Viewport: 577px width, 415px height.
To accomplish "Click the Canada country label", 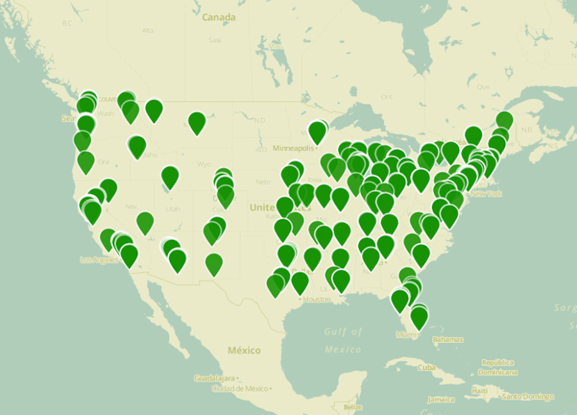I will tap(219, 17).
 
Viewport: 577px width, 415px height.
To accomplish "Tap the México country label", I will tap(244, 350).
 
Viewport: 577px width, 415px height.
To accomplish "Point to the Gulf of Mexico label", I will tap(344, 340).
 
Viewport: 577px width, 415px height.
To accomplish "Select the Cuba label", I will tap(426, 368).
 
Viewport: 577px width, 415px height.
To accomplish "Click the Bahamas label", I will tap(447, 339).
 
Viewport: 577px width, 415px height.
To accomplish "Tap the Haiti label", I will tap(480, 391).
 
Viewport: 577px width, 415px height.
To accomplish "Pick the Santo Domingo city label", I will tap(528, 397).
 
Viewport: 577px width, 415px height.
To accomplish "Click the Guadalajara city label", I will tap(216, 378).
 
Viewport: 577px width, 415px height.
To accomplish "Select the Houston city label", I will tap(316, 300).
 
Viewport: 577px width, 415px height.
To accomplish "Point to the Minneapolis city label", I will tap(294, 148).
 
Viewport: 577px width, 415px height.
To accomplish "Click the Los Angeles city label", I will tap(99, 260).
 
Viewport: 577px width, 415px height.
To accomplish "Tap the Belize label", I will tap(353, 407).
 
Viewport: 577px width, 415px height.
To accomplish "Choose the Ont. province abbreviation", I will tap(387, 97).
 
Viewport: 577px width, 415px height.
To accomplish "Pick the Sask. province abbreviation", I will tap(215, 40).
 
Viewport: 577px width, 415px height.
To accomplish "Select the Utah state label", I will tap(172, 209).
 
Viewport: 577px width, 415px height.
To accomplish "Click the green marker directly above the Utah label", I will tap(169, 177).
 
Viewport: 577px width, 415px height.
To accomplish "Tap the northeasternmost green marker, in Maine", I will tap(505, 120).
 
